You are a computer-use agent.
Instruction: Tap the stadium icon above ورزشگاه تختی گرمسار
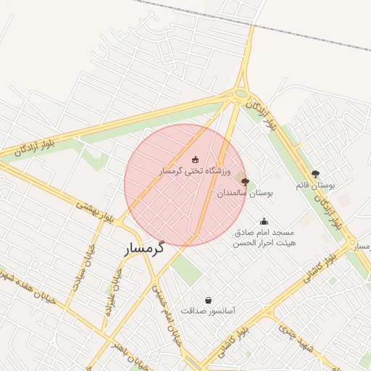[194, 159]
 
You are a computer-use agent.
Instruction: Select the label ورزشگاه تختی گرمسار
[194, 172]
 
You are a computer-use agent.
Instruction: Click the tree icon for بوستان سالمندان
[245, 182]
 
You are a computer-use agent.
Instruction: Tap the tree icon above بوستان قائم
[315, 174]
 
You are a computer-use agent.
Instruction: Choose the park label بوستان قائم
[315, 186]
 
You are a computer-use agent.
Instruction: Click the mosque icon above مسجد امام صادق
[264, 222]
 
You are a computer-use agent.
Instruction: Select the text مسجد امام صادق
[264, 233]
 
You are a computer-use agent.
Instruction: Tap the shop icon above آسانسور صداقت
[209, 300]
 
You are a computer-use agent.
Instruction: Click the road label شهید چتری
[296, 338]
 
